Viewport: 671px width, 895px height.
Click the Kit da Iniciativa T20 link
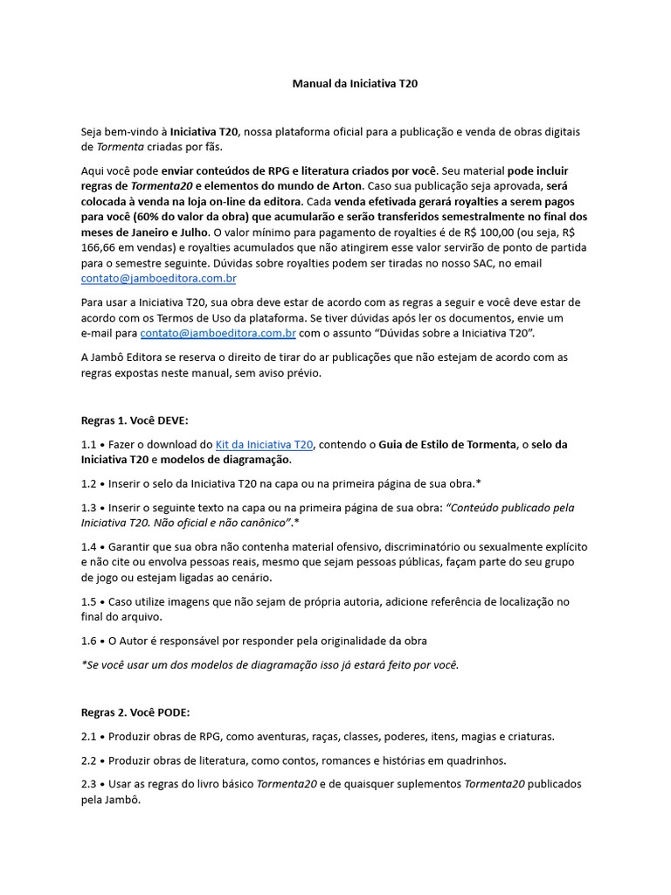click(x=265, y=444)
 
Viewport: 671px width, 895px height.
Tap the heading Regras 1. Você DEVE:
click(x=135, y=420)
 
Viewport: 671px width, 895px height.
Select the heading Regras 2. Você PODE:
click(x=135, y=712)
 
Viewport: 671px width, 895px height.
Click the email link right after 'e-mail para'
click(x=218, y=334)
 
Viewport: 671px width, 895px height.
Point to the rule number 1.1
click(x=88, y=444)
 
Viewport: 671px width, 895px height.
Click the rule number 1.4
click(x=89, y=546)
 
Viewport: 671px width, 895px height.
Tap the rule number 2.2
click(x=89, y=760)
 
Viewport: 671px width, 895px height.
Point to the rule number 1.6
click(x=89, y=641)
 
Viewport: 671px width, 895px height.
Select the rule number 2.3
click(x=89, y=783)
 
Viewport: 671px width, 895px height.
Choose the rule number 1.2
click(x=89, y=482)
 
